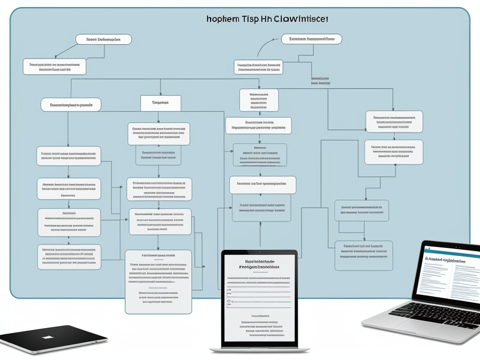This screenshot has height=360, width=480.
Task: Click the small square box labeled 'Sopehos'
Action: point(161,103)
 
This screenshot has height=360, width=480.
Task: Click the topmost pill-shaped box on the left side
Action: point(103,39)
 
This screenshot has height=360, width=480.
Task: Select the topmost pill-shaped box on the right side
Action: point(311,39)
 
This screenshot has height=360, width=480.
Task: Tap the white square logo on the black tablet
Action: point(48,337)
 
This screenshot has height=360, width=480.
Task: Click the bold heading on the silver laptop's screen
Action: point(444,260)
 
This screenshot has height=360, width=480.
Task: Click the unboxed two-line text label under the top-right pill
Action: point(321,81)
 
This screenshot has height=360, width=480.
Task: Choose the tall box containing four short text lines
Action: point(259,100)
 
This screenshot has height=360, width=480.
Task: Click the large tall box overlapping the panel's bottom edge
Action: point(158,281)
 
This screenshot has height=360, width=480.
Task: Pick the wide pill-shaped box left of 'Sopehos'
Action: point(71,105)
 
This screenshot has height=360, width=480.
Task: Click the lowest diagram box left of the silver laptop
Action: point(363,256)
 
